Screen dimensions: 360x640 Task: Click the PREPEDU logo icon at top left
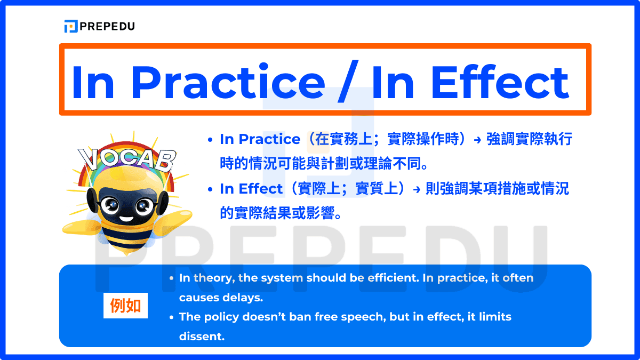tap(70, 26)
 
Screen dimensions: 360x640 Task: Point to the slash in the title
tap(347, 83)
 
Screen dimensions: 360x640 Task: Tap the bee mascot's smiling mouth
tap(126, 217)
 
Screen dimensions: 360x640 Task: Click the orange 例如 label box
tap(125, 306)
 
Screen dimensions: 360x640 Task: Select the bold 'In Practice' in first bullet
tap(260, 139)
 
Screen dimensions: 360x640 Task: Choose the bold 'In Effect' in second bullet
tap(251, 189)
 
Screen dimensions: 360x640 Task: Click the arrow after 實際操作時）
tap(477, 140)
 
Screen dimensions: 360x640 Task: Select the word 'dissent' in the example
tap(202, 337)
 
